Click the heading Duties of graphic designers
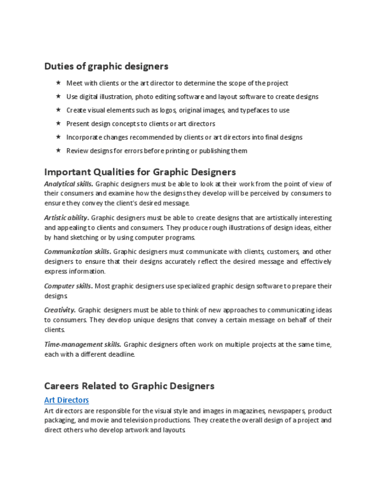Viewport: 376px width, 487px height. click(106, 66)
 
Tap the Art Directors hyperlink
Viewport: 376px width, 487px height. click(67, 400)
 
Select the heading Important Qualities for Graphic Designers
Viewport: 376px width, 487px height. click(140, 172)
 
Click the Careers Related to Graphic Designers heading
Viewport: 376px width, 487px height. click(129, 386)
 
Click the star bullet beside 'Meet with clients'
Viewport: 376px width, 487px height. click(58, 83)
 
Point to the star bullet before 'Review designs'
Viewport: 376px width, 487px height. click(58, 150)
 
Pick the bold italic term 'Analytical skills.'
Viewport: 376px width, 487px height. click(68, 184)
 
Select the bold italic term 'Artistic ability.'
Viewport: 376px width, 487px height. click(67, 218)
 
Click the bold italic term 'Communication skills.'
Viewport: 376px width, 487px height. click(77, 252)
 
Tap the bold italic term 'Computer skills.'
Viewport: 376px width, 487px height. click(68, 286)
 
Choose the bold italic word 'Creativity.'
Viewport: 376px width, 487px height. click(60, 310)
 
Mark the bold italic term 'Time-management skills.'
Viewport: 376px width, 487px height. click(83, 345)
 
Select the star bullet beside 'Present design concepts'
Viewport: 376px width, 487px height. click(58, 123)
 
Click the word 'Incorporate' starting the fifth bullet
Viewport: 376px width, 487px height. click(84, 137)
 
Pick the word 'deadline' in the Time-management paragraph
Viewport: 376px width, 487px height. click(122, 354)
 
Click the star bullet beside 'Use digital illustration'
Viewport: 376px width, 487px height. click(58, 96)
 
